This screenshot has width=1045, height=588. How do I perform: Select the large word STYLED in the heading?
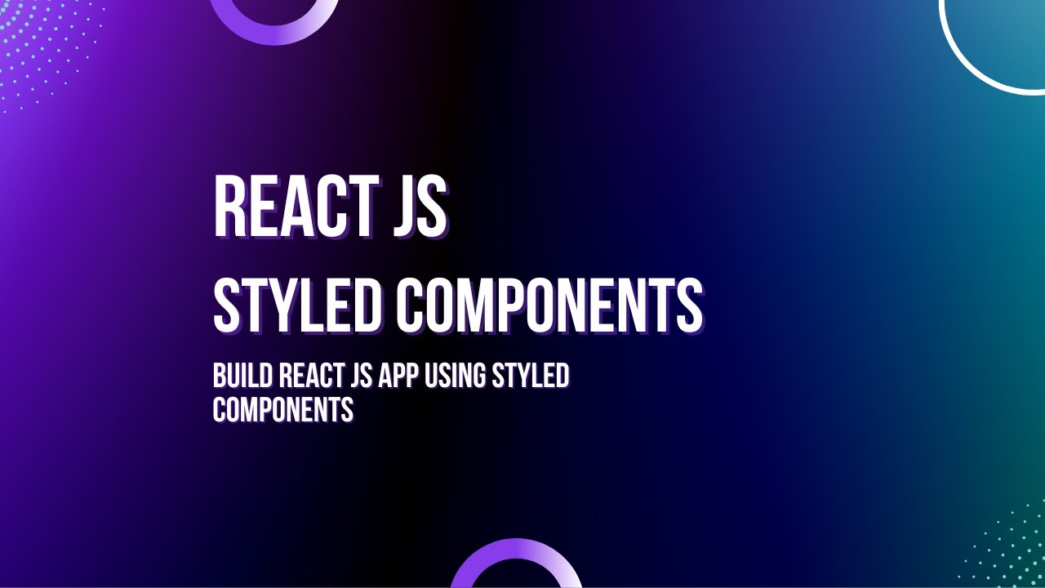tap(297, 305)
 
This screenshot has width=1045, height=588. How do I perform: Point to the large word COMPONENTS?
tap(550, 305)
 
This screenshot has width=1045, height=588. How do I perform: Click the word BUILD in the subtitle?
tap(242, 376)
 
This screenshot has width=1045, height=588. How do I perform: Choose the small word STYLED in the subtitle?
tap(530, 376)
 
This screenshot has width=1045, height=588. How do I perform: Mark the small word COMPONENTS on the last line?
tap(282, 409)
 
